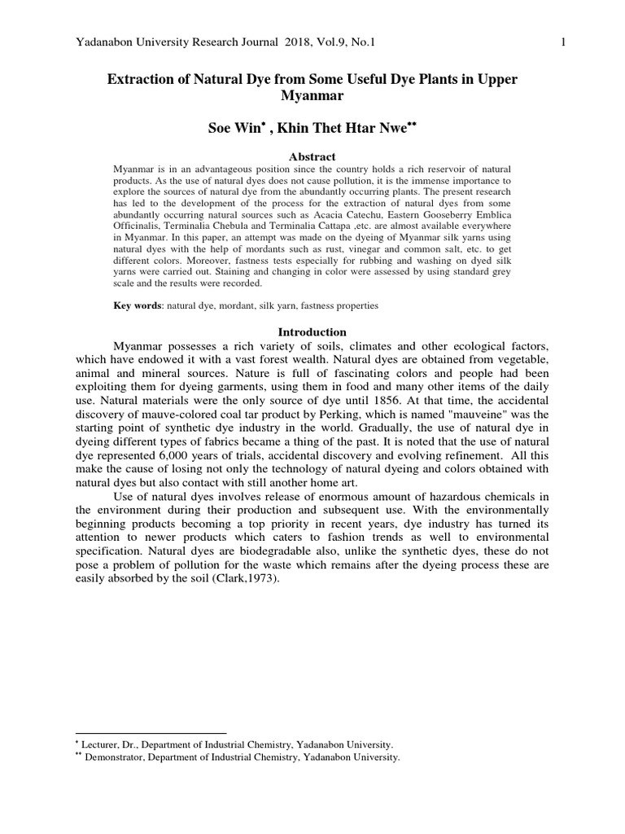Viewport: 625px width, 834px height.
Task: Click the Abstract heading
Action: (x=312, y=156)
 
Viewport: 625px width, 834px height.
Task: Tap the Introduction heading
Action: (x=312, y=332)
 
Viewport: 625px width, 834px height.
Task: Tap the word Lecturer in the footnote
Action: (x=104, y=744)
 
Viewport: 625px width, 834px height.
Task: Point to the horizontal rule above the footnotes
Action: (x=150, y=733)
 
